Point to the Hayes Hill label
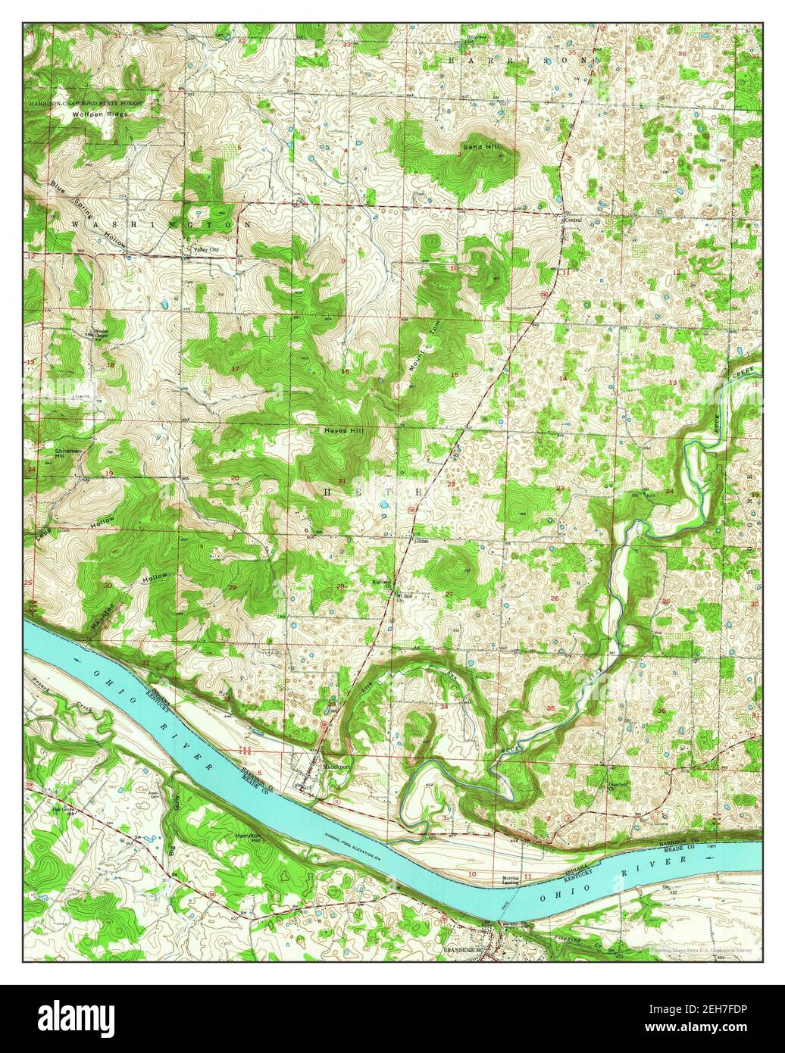pyautogui.click(x=345, y=430)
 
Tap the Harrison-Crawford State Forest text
pyautogui.click(x=94, y=102)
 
